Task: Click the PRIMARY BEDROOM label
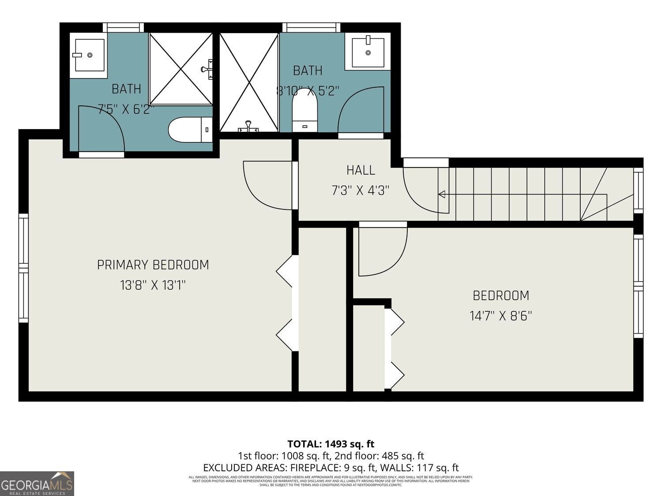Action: click(x=153, y=265)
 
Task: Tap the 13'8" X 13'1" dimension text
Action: click(x=153, y=286)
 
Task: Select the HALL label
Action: click(x=361, y=170)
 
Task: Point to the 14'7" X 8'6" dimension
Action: click(x=500, y=316)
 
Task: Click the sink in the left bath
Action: click(x=90, y=55)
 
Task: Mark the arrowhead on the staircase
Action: click(x=441, y=194)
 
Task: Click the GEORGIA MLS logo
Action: click(x=37, y=484)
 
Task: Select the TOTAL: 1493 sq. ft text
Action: click(x=331, y=444)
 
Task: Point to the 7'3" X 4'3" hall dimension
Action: click(x=361, y=191)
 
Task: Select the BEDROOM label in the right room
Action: click(x=500, y=295)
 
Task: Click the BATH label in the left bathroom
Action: click(x=126, y=89)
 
